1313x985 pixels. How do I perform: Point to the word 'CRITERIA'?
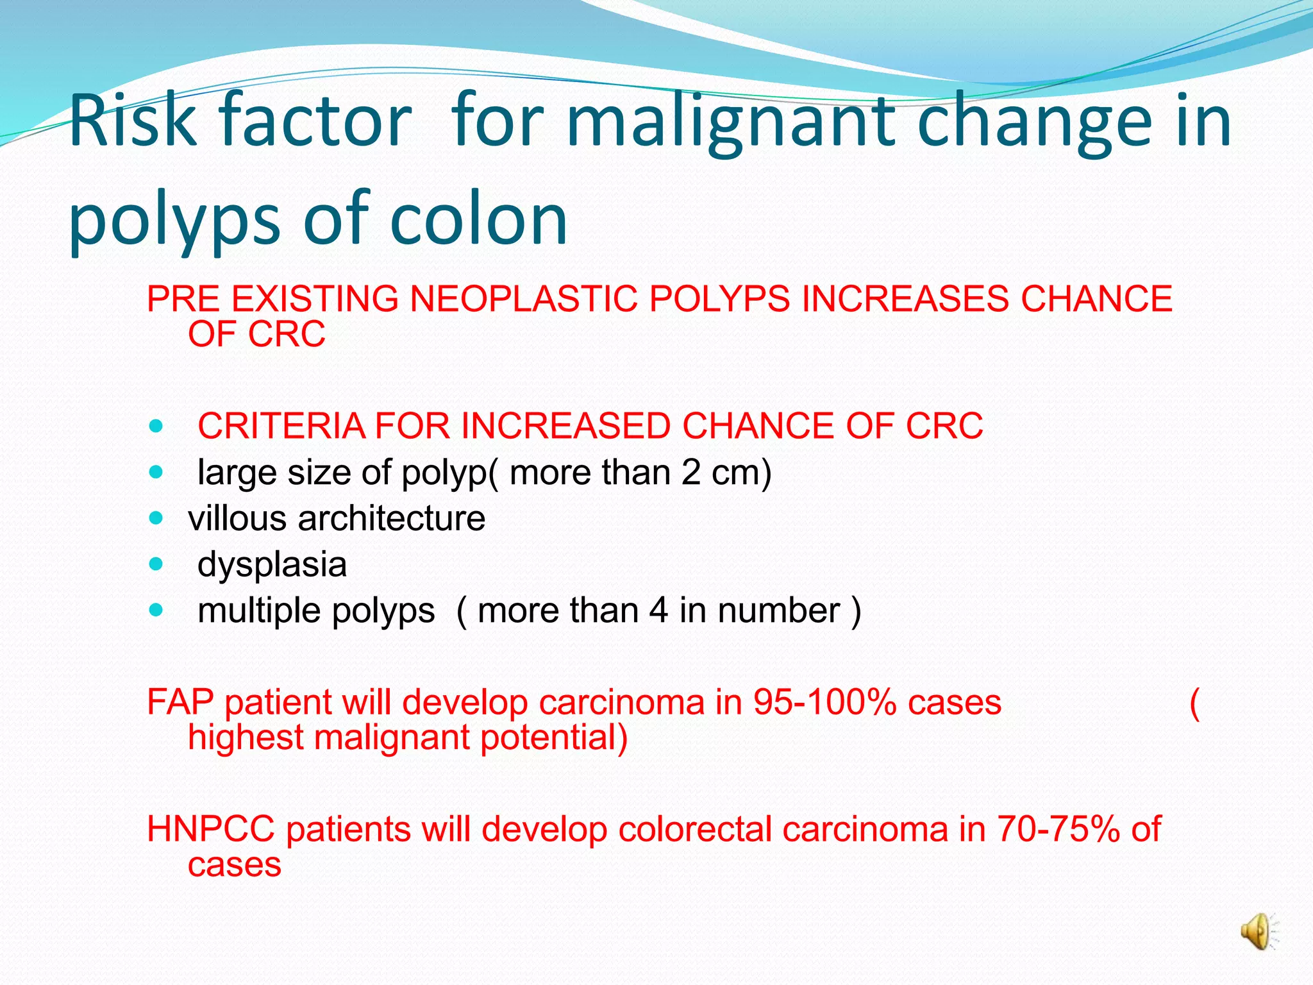(281, 426)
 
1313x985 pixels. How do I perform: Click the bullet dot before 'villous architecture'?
(156, 518)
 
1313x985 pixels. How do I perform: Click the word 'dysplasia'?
(272, 564)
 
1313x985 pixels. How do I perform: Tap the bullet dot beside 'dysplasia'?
(156, 564)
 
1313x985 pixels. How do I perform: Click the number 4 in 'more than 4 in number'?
(658, 610)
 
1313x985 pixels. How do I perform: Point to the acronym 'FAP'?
(180, 702)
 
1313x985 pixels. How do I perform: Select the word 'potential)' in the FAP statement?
(554, 737)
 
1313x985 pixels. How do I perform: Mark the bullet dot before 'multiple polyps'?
(156, 610)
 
